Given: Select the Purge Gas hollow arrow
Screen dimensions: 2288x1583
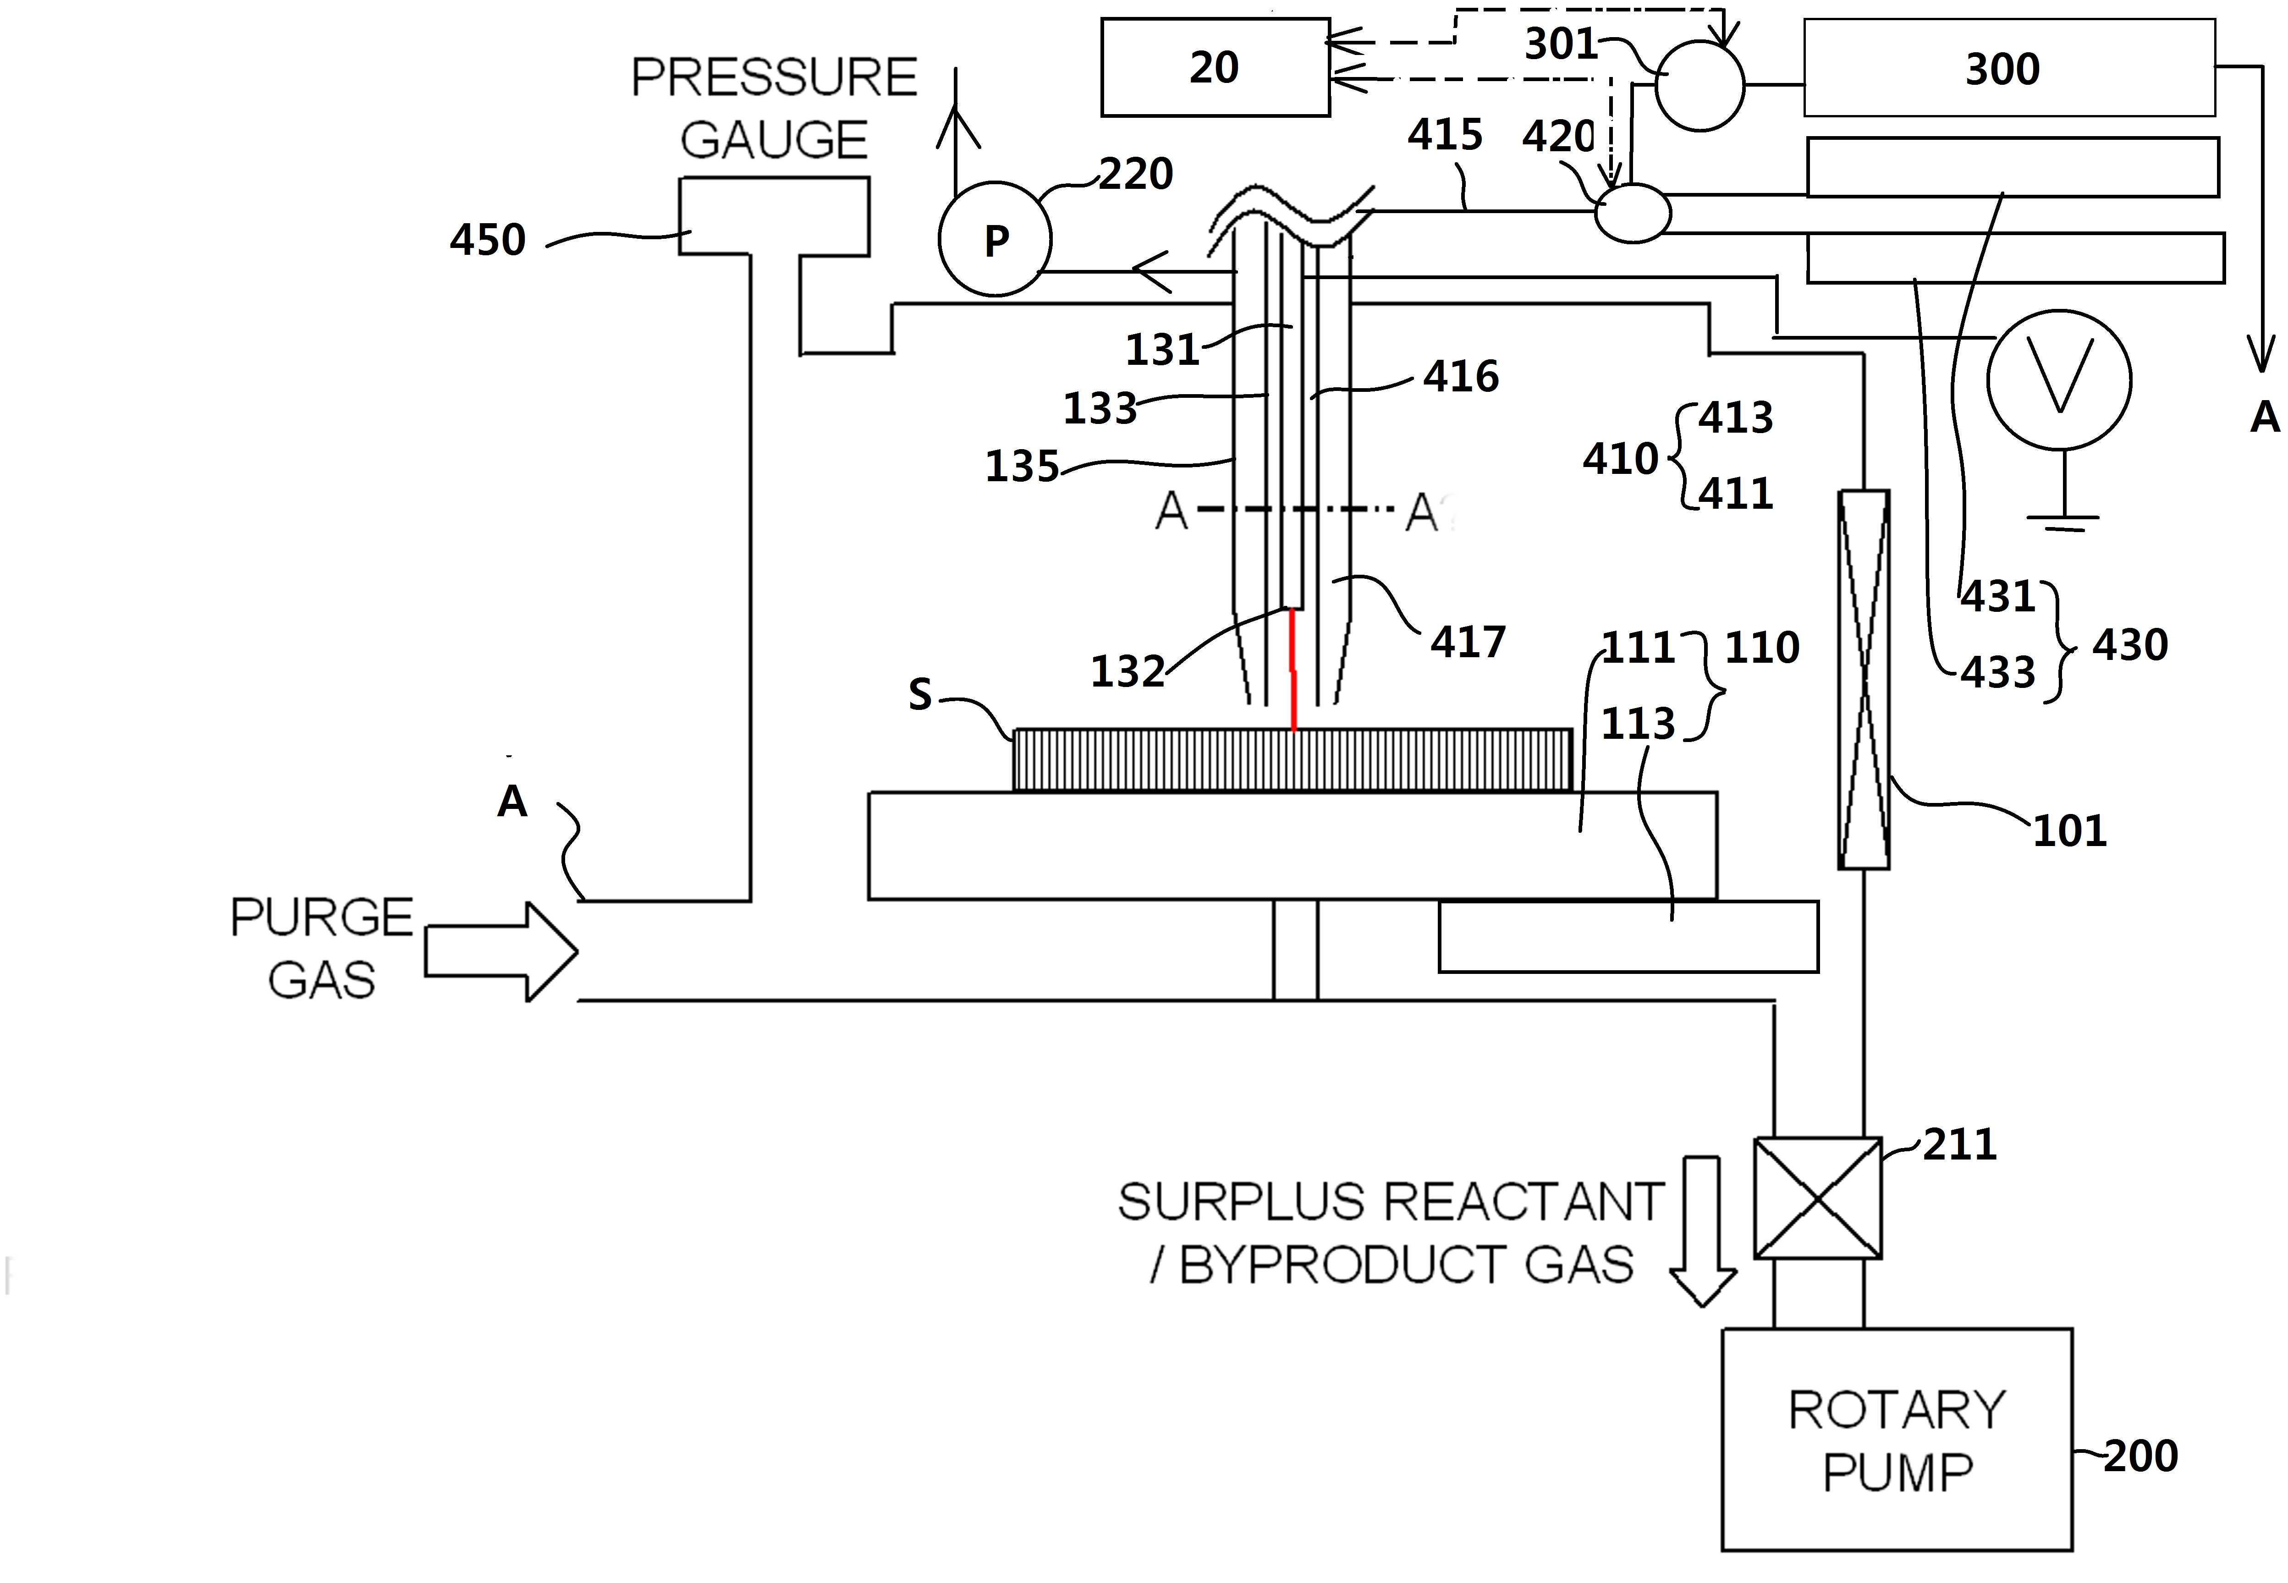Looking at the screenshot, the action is (x=501, y=951).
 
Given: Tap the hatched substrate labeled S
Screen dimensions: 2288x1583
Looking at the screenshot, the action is (x=1292, y=760).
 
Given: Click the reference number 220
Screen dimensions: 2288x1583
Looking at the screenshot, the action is (x=1136, y=175).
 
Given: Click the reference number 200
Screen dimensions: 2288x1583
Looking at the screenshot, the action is (x=2140, y=1456).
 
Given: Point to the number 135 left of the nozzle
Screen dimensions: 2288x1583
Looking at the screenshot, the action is (x=1022, y=466).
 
